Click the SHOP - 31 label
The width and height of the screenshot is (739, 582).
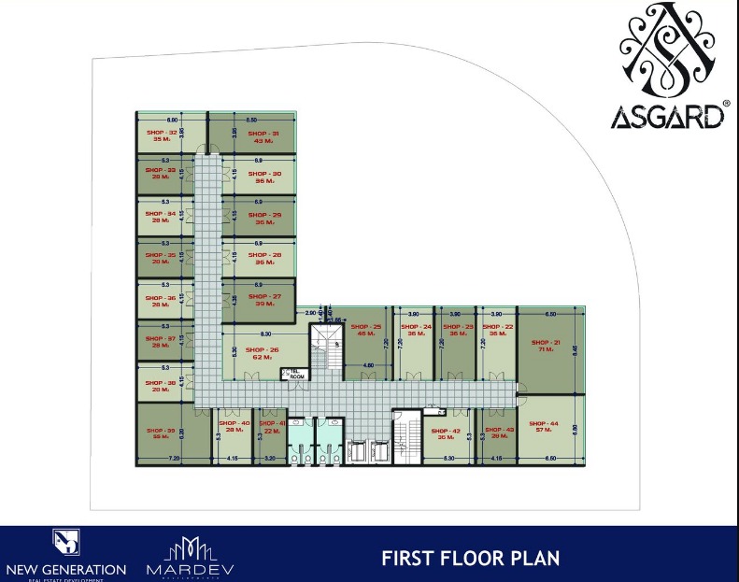point(263,134)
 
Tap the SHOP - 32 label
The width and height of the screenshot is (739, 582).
point(162,133)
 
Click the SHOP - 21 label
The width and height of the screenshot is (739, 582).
point(547,342)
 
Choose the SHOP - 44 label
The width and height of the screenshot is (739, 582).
point(547,423)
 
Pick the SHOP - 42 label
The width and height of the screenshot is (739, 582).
point(447,431)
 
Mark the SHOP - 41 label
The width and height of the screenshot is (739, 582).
point(273,423)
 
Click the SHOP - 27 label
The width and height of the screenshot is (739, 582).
point(264,296)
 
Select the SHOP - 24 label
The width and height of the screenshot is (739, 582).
point(417,327)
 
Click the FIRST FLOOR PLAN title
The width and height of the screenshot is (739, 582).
point(470,559)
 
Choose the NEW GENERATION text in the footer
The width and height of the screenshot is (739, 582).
point(65,569)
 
